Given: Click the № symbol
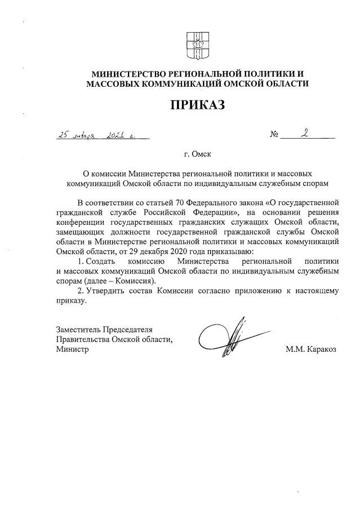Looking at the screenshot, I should (x=275, y=136).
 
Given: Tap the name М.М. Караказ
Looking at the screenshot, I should (x=310, y=349).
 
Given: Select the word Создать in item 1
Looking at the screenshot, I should (x=101, y=261).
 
